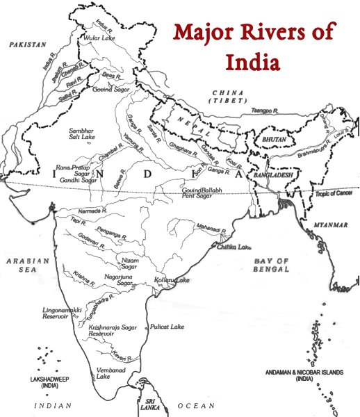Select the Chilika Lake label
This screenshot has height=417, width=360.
(x=233, y=247)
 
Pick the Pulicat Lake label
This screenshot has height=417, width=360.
(x=165, y=326)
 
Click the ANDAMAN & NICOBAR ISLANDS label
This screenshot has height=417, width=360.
(x=304, y=376)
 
